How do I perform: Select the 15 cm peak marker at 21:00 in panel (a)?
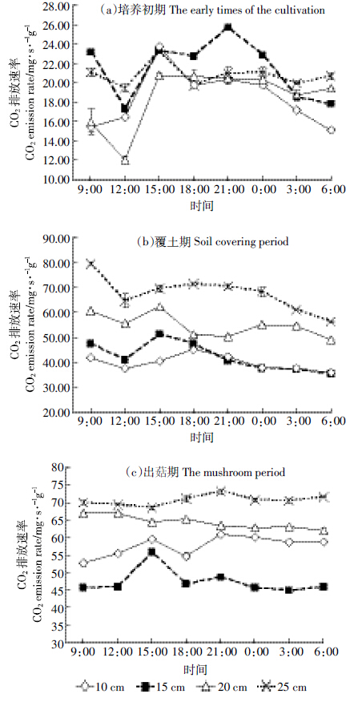coord(228,28)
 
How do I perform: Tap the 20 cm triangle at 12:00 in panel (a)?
coord(125,159)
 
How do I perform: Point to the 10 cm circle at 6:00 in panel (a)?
coord(331,131)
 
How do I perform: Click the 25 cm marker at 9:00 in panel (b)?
coord(91,263)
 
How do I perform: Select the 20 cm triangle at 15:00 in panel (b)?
coord(159,307)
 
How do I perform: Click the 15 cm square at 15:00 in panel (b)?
coord(159,334)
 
